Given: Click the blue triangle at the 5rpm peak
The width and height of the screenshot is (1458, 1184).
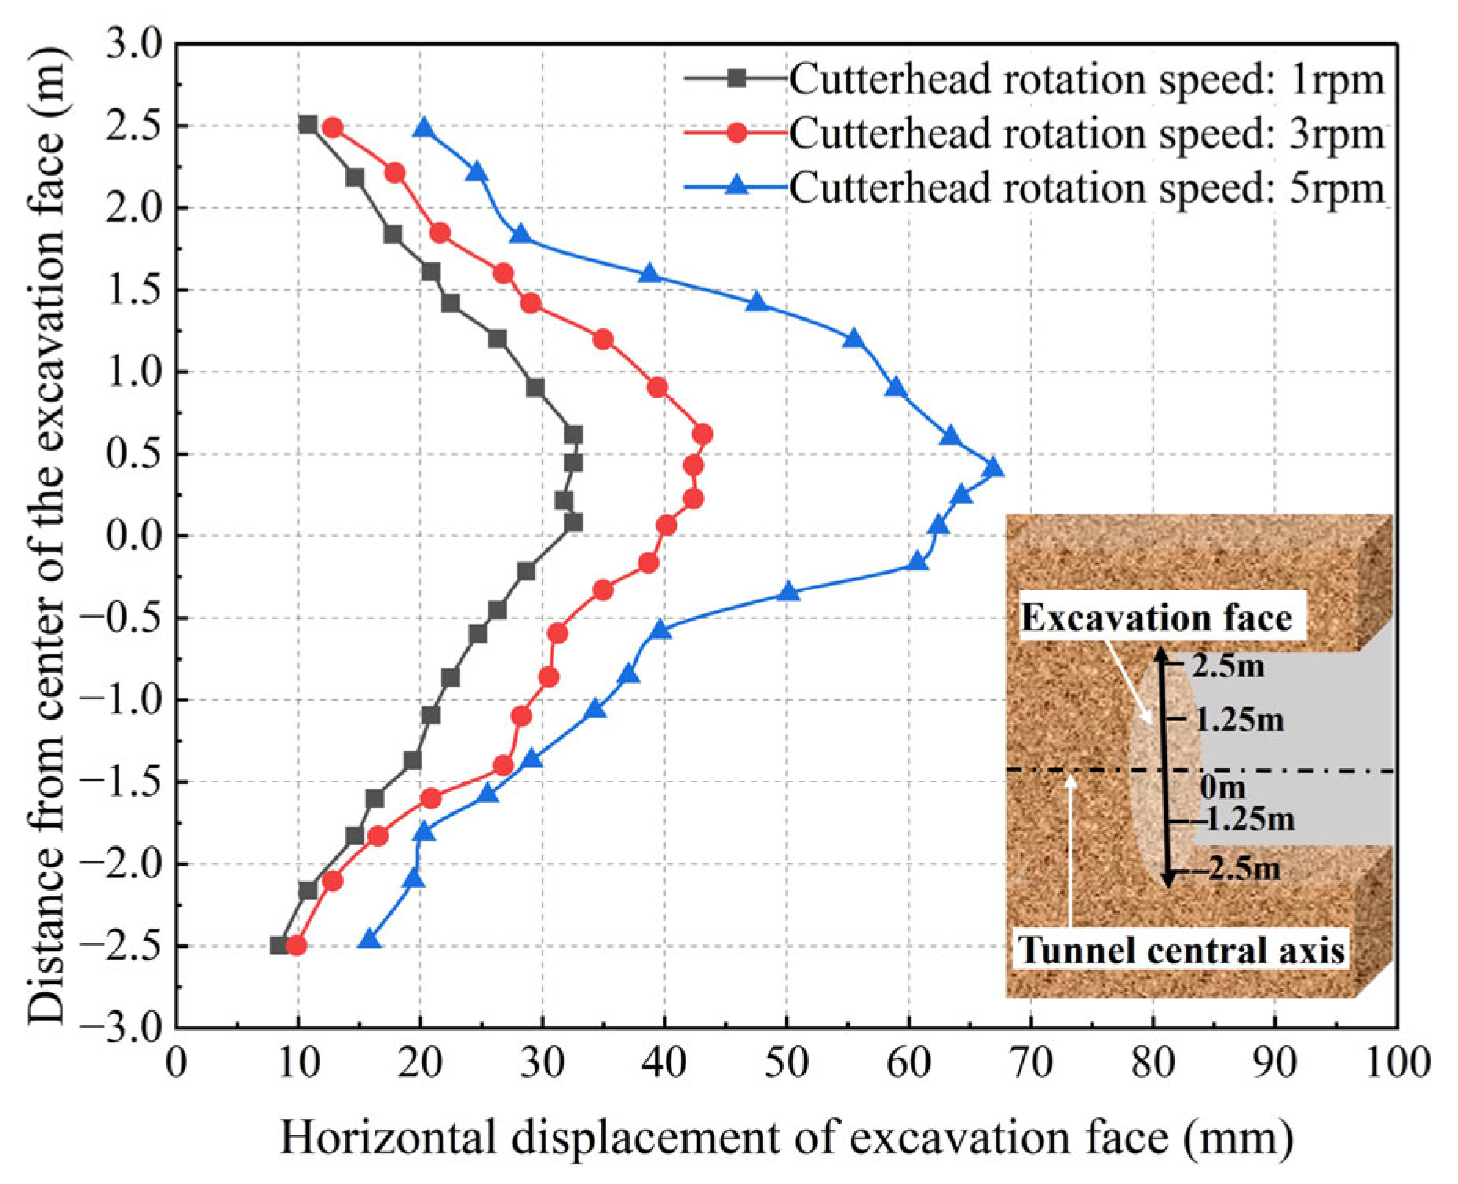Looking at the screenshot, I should click(994, 468).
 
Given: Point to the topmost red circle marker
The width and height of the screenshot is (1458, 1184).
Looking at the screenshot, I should click(333, 127).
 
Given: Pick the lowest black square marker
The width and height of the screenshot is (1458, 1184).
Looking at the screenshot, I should click(279, 945).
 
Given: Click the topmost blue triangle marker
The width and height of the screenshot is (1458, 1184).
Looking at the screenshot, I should click(425, 128).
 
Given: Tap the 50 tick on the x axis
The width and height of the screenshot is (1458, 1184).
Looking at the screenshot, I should click(787, 1065).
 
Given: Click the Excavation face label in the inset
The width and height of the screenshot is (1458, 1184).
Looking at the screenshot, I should click(1156, 618).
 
